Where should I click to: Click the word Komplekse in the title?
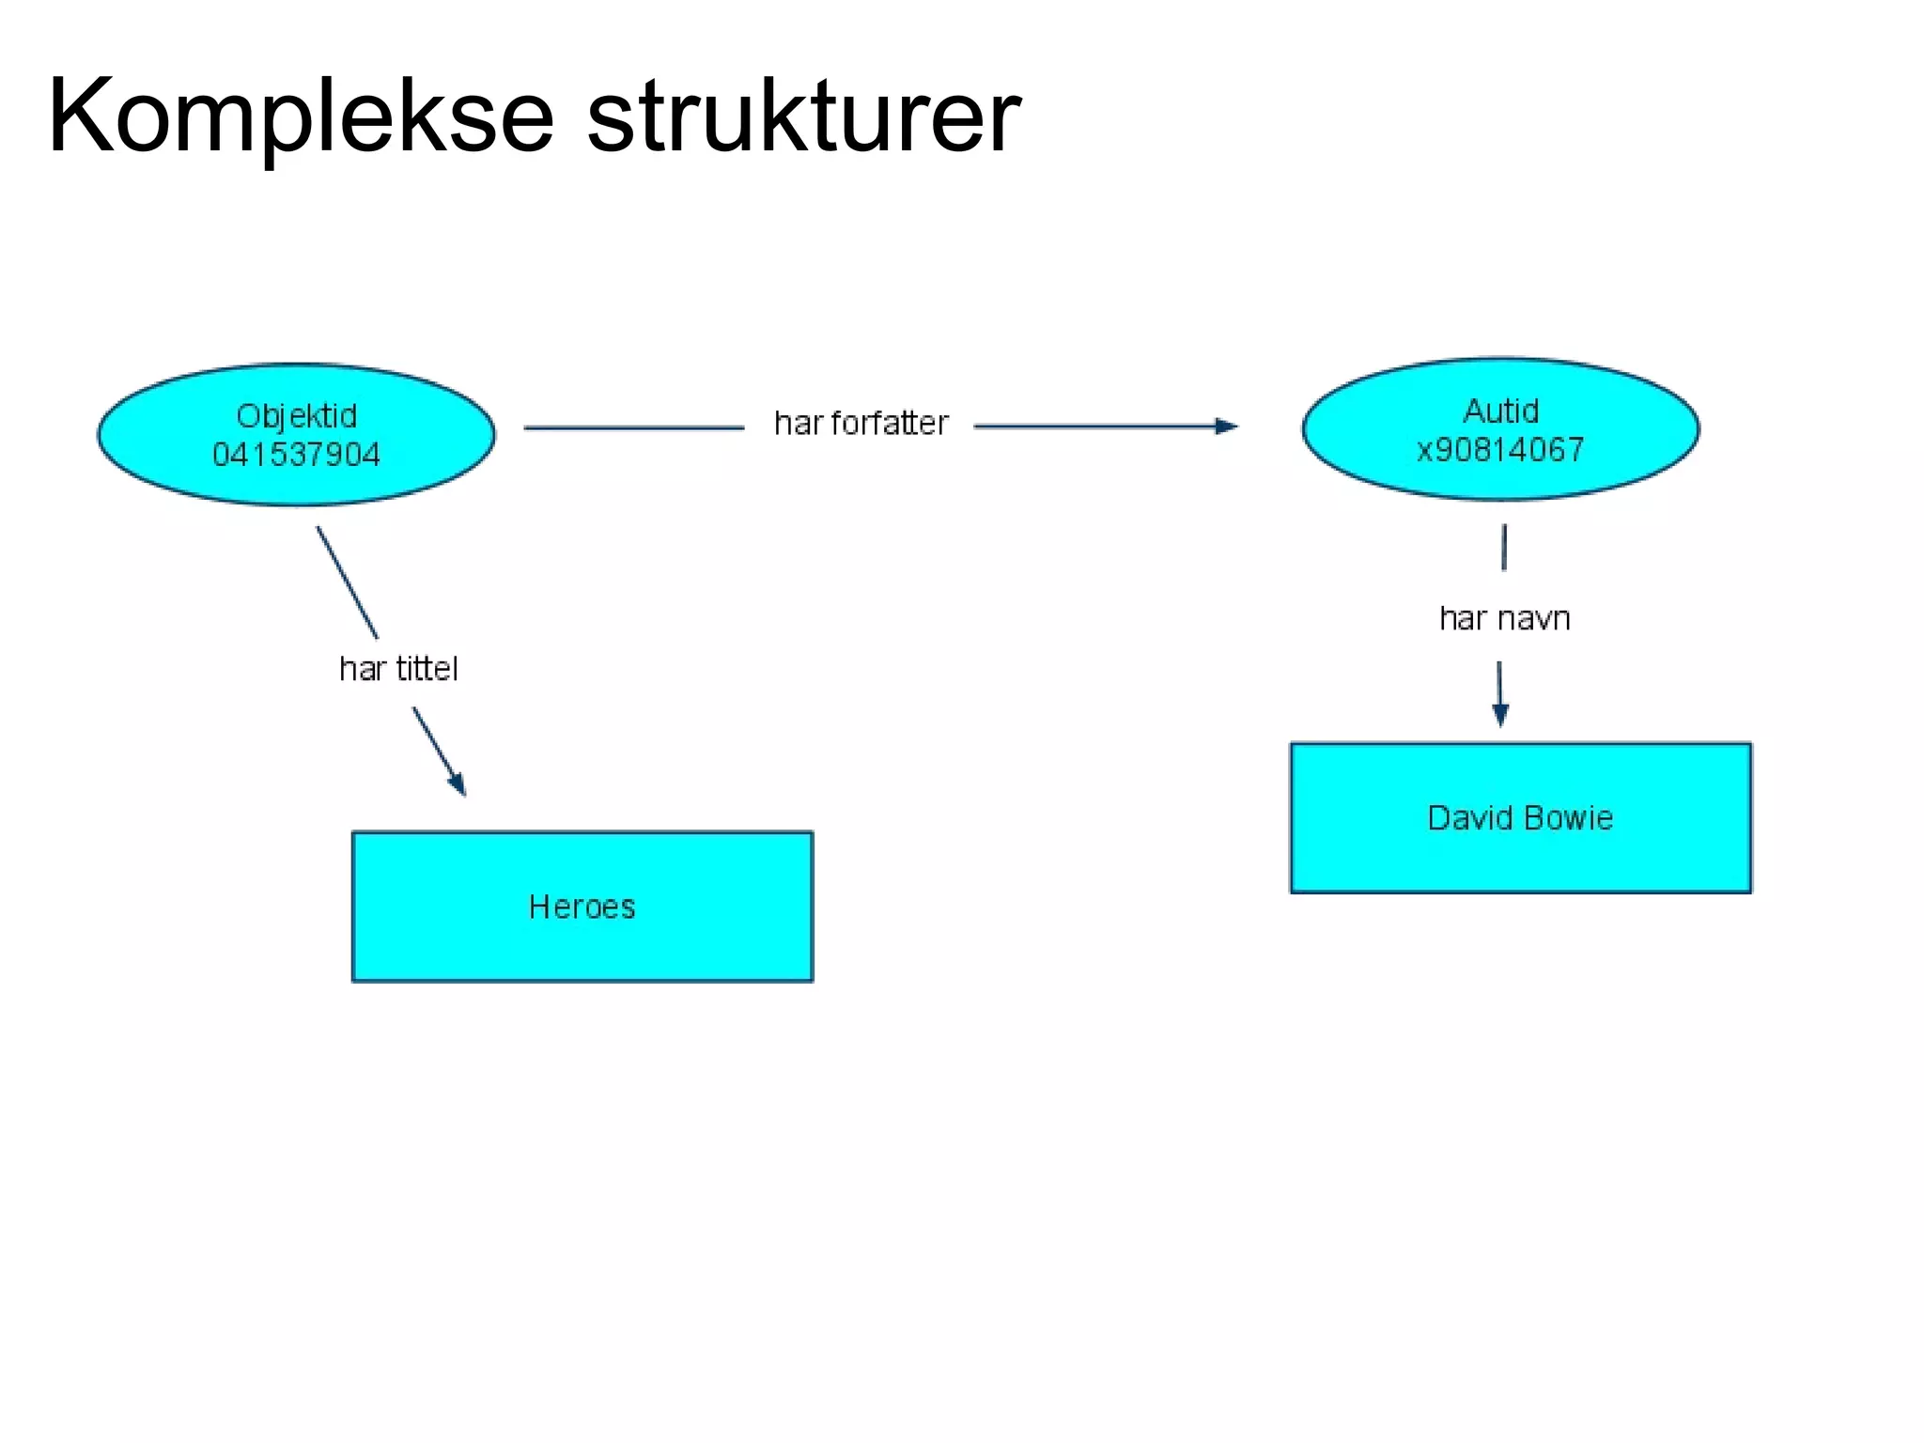click(x=301, y=117)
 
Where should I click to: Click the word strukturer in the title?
click(x=803, y=117)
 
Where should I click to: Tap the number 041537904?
click(x=297, y=456)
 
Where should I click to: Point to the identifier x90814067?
click(x=1500, y=450)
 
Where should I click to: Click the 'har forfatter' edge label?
click(x=861, y=424)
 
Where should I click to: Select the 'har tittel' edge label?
click(x=398, y=669)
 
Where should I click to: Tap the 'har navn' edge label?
click(x=1505, y=619)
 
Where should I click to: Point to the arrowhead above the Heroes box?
click(x=458, y=784)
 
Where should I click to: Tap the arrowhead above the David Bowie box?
click(x=1500, y=715)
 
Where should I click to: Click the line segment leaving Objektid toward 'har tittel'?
click(x=347, y=582)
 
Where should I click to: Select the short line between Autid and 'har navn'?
click(x=1504, y=548)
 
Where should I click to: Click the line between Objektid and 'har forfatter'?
click(x=634, y=427)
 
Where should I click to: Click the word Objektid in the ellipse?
click(x=297, y=416)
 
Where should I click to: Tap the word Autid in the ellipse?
click(x=1501, y=411)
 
